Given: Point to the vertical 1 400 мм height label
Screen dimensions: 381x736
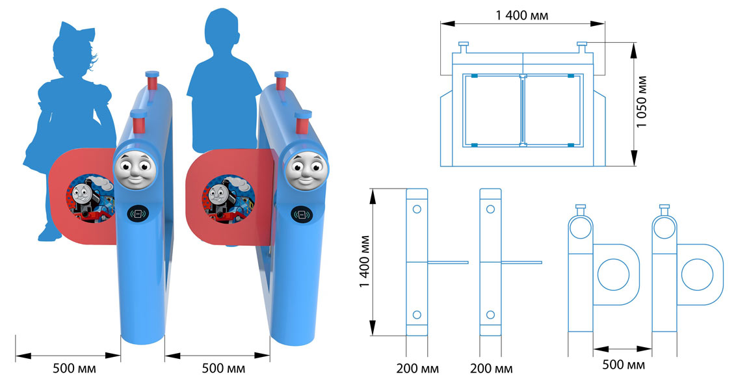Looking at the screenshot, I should click(365, 264).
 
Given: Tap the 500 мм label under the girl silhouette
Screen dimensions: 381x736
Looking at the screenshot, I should click(75, 369).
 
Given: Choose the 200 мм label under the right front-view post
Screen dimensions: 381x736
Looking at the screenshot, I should click(491, 369).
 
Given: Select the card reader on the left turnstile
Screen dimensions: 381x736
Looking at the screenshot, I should click(137, 213).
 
